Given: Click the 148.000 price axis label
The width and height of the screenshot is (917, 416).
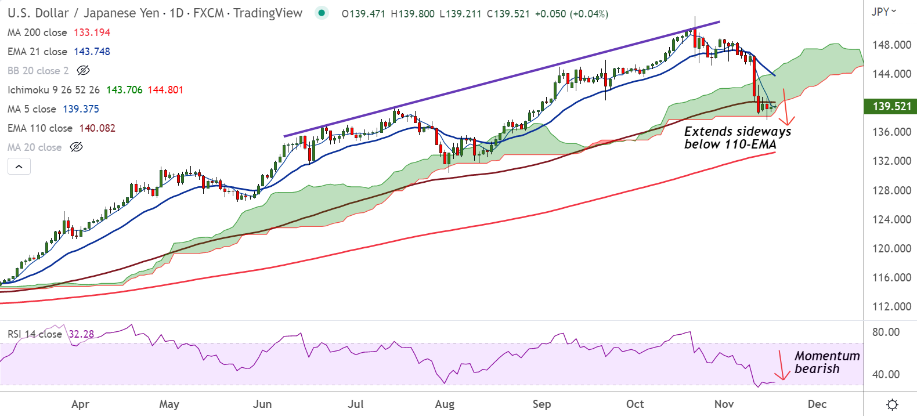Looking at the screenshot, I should (x=891, y=45).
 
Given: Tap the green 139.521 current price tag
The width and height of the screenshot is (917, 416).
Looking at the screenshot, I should (x=892, y=106).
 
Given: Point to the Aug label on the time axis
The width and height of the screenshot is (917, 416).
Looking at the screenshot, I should (x=445, y=404).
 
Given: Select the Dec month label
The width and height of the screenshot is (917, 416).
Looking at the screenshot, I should (x=817, y=404).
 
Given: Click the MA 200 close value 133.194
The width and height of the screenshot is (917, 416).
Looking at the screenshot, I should (x=92, y=32).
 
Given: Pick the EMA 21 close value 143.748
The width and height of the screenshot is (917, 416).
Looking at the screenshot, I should (x=92, y=52).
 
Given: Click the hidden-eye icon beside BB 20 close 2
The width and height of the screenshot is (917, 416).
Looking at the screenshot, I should (x=83, y=71).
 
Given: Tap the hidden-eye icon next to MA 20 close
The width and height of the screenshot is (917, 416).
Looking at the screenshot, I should (x=76, y=147).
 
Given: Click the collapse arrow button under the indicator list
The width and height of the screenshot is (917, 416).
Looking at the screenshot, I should (x=19, y=167).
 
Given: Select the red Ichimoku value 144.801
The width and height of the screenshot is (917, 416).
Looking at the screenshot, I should (x=165, y=90).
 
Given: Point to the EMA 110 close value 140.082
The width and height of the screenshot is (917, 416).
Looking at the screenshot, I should (x=97, y=128).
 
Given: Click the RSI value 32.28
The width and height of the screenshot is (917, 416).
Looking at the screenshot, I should (x=81, y=334).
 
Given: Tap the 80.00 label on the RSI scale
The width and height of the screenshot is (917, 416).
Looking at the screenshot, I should (x=886, y=332).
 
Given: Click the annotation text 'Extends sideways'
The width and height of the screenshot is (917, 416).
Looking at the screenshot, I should (x=738, y=132).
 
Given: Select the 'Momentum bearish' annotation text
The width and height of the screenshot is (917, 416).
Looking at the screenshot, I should (x=826, y=362).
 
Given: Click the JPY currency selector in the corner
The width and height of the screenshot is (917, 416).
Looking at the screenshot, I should (x=883, y=12).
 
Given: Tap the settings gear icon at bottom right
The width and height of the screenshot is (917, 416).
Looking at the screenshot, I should (x=893, y=404).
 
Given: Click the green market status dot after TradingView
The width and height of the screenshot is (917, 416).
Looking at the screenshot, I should (x=322, y=13).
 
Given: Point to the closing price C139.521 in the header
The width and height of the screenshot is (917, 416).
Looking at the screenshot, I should (x=508, y=13).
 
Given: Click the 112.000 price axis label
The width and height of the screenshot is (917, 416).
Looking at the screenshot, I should (x=891, y=306).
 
